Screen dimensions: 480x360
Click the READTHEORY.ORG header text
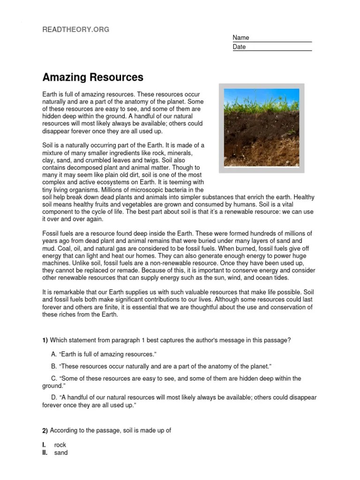tap(76, 29)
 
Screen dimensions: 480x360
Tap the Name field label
tap(241, 37)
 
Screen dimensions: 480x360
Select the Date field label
tap(239, 47)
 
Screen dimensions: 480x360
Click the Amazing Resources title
tap(93, 77)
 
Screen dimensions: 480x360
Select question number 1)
tap(45, 340)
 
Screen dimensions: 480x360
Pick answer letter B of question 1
tap(54, 366)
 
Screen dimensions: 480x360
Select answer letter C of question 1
tap(54, 378)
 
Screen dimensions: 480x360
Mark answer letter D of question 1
tap(54, 397)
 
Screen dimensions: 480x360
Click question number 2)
tap(45, 430)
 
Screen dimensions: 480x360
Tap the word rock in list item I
tap(60, 445)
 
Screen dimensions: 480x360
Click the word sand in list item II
tap(61, 453)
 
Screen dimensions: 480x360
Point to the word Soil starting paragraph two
tap(48, 146)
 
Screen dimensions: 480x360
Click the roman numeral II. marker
tap(45, 453)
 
